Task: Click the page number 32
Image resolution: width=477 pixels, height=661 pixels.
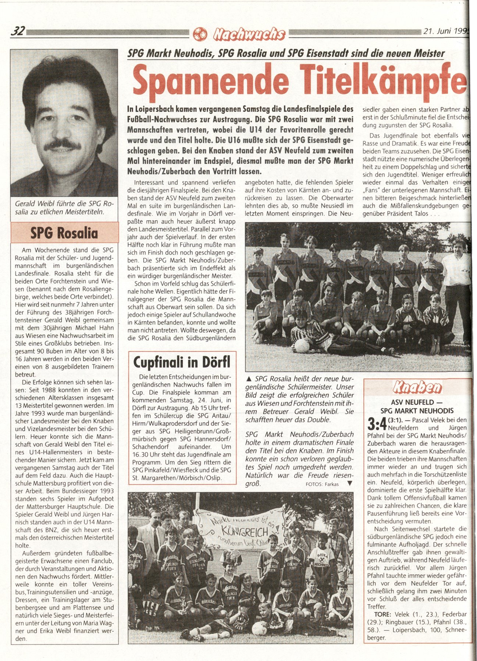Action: click(18, 32)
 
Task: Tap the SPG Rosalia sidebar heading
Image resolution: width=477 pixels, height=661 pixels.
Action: click(64, 233)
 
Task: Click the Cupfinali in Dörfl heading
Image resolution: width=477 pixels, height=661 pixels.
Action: click(182, 362)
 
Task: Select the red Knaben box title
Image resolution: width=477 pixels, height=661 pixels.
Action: click(417, 387)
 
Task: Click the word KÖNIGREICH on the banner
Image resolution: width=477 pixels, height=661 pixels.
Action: click(239, 531)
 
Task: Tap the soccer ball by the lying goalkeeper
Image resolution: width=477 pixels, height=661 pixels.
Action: click(302, 346)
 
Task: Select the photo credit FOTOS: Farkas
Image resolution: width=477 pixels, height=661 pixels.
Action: click(322, 484)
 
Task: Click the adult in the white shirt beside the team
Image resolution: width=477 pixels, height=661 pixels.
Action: click(457, 275)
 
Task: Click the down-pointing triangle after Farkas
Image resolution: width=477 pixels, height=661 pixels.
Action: click(349, 484)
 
